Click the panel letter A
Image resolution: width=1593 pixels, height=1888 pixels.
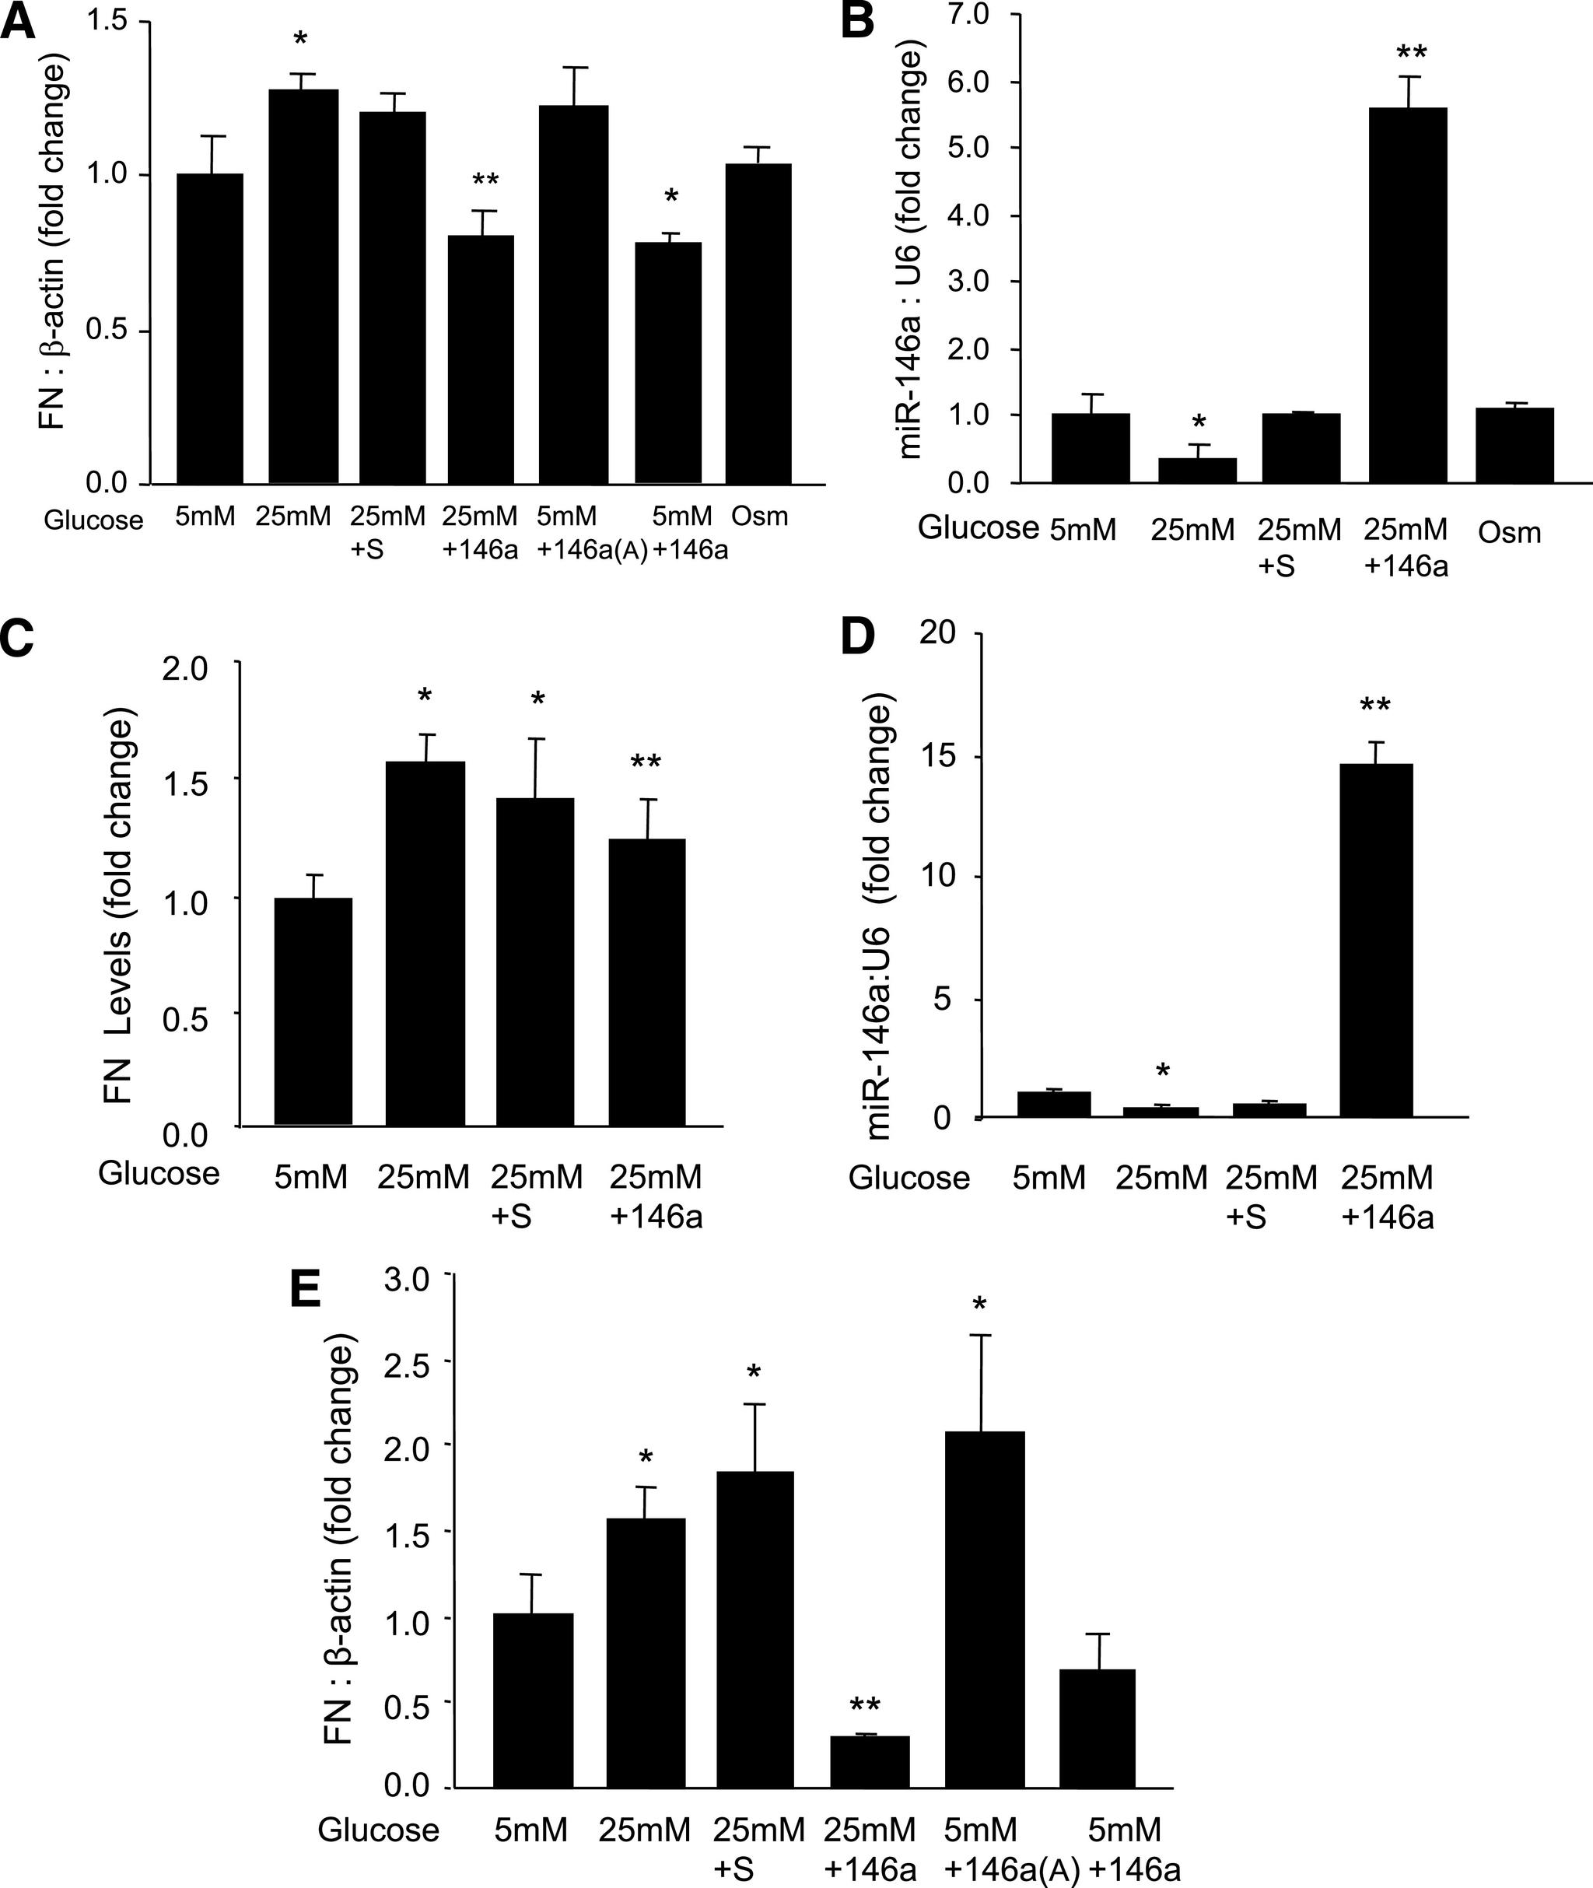[18, 22]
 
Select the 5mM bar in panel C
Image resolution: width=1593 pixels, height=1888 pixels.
[313, 1011]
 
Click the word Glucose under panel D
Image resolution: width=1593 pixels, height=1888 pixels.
[909, 1178]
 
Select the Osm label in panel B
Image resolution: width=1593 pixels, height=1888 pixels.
[1509, 533]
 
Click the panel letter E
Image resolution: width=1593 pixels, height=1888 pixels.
[305, 1293]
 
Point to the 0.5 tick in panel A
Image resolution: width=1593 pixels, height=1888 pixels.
[106, 330]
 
